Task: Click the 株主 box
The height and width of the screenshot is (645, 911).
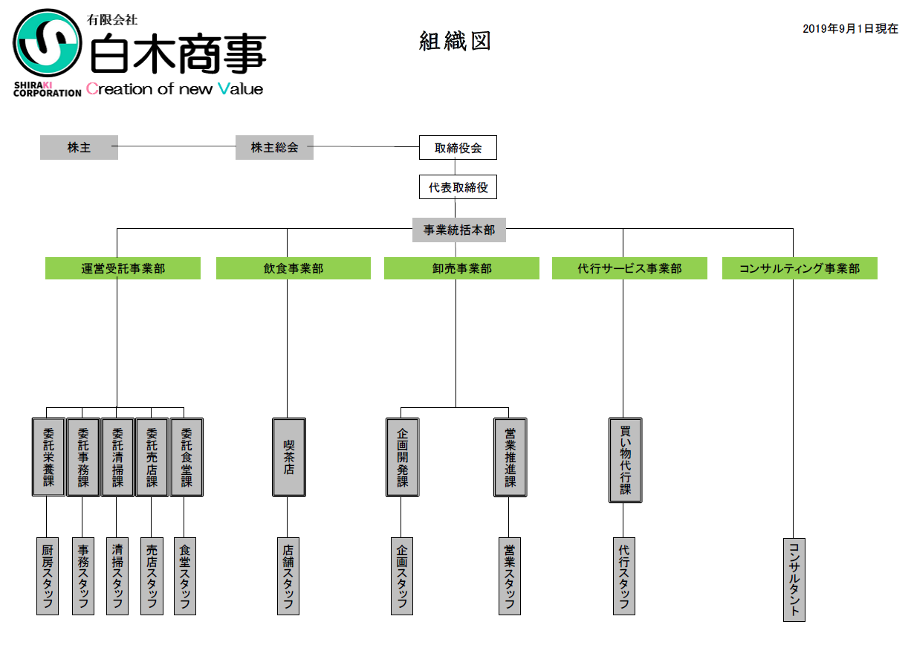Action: (79, 147)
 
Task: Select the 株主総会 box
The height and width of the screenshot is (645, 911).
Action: (274, 147)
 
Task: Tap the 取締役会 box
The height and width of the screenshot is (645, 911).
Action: (458, 147)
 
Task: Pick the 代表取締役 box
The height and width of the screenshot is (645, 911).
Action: (458, 187)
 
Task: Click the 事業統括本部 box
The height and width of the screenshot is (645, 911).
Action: (459, 230)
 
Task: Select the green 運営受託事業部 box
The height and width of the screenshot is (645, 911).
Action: (123, 268)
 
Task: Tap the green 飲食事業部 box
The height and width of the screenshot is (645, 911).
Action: (294, 268)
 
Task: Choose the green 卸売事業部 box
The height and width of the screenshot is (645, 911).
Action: (461, 268)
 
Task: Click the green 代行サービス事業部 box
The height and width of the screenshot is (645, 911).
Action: (629, 268)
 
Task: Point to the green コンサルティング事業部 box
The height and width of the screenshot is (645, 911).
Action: (800, 268)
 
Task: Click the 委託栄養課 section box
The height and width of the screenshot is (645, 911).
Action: (48, 457)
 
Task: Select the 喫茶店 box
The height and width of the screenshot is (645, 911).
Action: (289, 457)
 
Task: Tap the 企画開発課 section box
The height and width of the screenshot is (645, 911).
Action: (402, 457)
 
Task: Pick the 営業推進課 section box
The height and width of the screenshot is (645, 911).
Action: (510, 457)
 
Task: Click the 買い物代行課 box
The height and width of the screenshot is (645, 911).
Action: (625, 460)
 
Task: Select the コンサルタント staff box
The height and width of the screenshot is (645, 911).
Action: (794, 580)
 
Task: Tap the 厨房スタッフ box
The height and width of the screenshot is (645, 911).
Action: (48, 576)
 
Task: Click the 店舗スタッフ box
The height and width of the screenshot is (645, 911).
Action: (288, 576)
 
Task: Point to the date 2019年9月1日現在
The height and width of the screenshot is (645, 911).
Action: (850, 28)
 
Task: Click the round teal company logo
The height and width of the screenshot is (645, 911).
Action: (47, 42)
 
